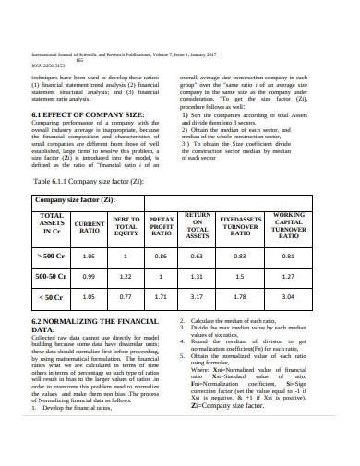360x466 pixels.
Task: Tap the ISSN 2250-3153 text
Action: coord(47,65)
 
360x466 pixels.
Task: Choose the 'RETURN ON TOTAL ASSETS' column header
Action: coord(196,224)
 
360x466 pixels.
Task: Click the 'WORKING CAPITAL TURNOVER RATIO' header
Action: coord(289,224)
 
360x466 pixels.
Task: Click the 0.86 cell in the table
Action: coord(161,256)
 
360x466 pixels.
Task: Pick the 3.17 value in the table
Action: coord(196,298)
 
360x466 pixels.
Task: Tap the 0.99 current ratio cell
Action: coord(90,277)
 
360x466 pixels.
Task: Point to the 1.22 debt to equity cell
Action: coord(126,277)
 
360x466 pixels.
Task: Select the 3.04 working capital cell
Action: coord(288,298)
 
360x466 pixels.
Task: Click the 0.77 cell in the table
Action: coord(126,298)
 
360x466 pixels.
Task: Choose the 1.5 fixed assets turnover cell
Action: coord(239,277)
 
